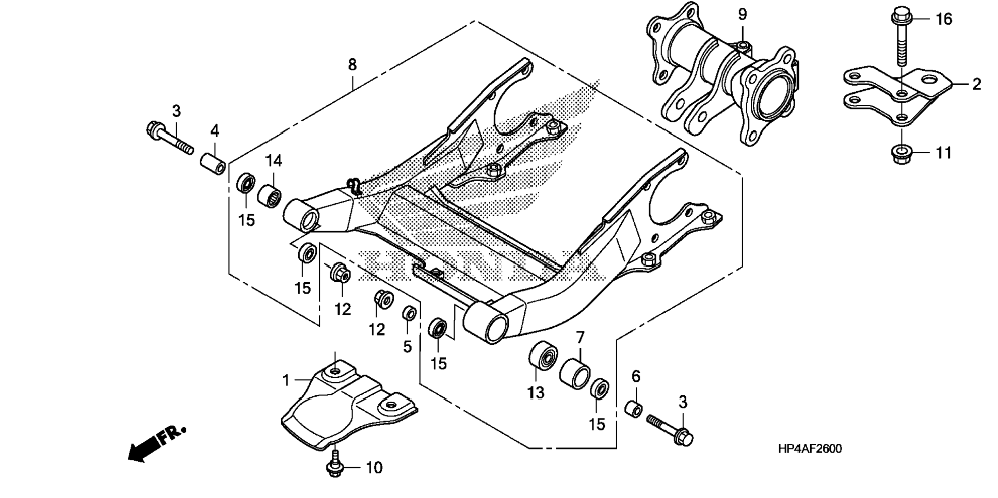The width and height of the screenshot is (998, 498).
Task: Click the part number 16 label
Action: pos(944,20)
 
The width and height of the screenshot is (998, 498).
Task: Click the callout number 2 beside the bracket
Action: pos(976,84)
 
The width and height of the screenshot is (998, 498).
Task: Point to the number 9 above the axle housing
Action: pos(742,15)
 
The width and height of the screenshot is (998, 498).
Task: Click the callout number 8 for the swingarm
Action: pos(352,65)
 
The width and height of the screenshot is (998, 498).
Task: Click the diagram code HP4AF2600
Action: pos(810,449)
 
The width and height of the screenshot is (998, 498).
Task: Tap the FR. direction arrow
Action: pos(155,443)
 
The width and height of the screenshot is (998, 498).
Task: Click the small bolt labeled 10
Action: pos(335,464)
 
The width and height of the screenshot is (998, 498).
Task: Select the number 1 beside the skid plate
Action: pos(286,381)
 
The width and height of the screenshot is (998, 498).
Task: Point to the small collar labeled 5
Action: pos(409,313)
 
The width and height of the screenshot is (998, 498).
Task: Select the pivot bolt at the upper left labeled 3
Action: pos(169,137)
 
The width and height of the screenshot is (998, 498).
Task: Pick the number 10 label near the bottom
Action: pos(374,468)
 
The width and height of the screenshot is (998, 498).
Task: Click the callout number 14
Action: pos(274,162)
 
